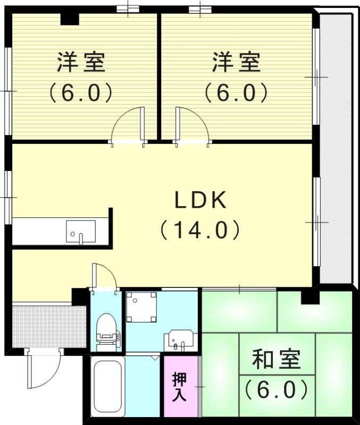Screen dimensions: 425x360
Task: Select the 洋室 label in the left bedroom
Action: pos(81,62)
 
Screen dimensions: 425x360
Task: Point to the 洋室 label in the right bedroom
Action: pos(236,62)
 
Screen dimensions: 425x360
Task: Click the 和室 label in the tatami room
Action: pos(277,360)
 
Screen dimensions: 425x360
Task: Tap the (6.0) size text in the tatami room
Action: pos(277,390)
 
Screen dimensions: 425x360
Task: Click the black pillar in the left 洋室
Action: pos(69,19)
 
